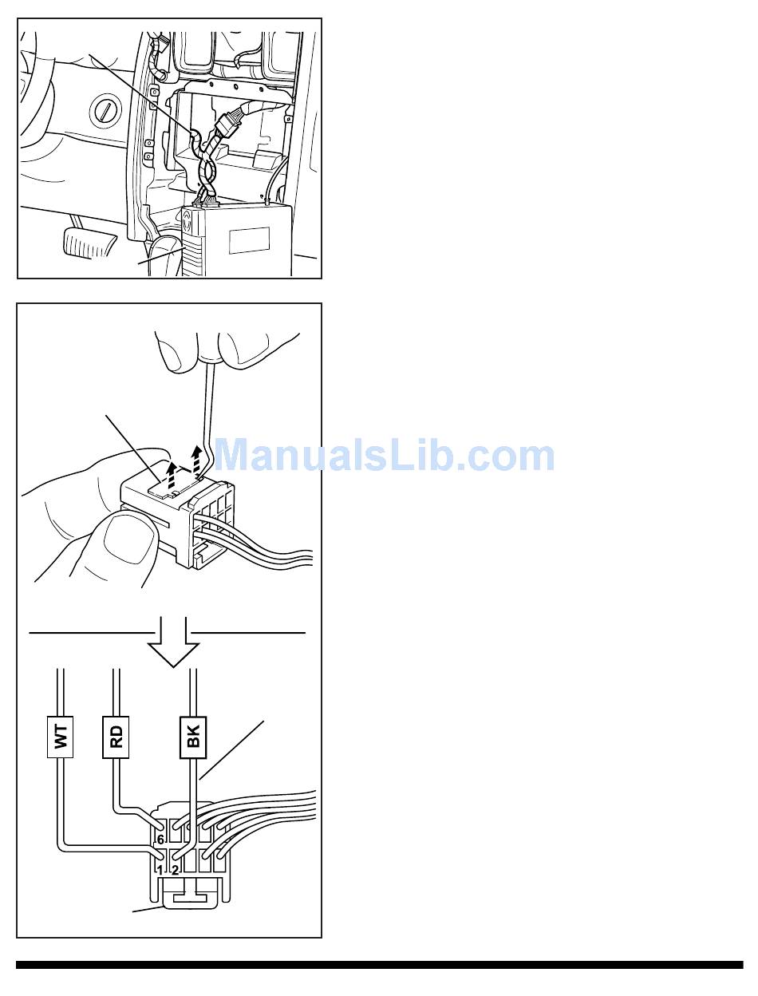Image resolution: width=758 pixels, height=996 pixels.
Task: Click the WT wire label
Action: tap(60, 737)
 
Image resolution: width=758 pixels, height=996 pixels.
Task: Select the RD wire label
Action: tap(116, 737)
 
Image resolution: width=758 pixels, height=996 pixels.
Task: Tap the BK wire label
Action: tap(193, 737)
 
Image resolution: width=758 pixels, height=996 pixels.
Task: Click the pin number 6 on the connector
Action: tap(160, 840)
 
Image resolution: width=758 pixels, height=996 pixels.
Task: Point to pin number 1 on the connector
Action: tap(160, 869)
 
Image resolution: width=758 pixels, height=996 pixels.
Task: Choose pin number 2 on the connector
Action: tap(176, 869)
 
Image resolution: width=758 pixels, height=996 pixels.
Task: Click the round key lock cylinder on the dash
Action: tap(105, 111)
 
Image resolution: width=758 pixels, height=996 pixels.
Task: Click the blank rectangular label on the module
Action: tap(249, 240)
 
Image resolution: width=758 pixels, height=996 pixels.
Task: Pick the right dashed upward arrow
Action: tap(197, 461)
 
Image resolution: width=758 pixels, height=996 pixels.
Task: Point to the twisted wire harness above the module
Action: tap(207, 170)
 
